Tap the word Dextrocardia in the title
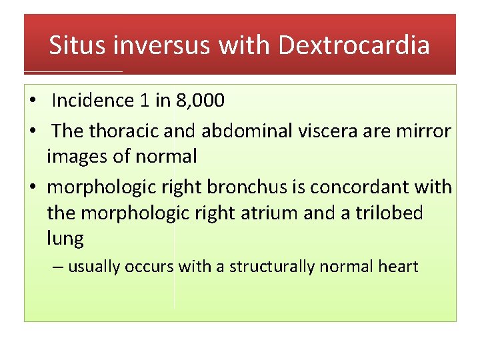click(x=354, y=45)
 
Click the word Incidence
click(x=93, y=101)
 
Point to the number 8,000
click(x=200, y=101)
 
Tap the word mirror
click(x=425, y=131)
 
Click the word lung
click(x=65, y=239)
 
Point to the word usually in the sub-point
click(x=94, y=267)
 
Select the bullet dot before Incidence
click(x=33, y=101)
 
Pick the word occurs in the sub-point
click(x=149, y=267)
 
